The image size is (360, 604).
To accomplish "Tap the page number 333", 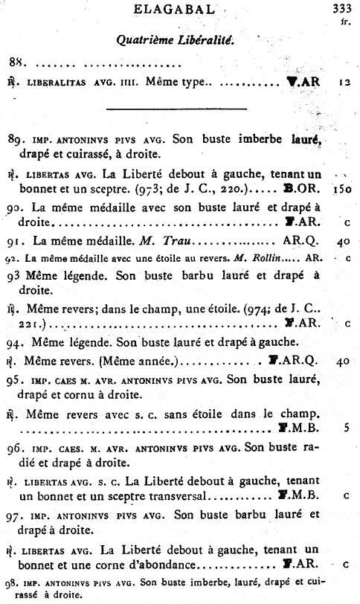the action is point(339,10).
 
